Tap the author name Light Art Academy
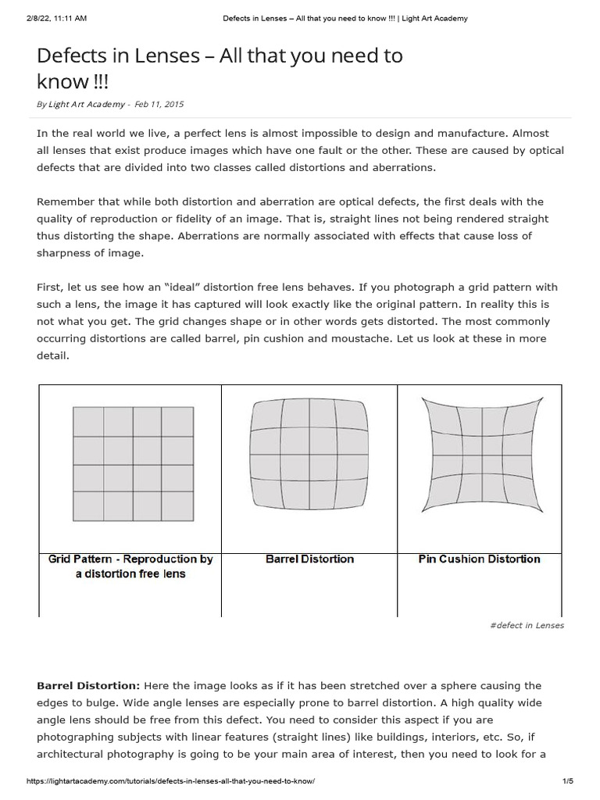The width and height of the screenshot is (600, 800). pos(86,104)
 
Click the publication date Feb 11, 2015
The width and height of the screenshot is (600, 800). pos(159,104)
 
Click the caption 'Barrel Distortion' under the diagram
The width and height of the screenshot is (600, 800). pos(309,559)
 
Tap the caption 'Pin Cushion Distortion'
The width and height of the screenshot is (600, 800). pos(479,559)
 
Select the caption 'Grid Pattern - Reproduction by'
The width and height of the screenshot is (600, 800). pos(130,559)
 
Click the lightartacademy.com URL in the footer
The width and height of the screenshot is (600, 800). pos(170,781)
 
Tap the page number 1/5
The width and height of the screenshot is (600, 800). pos(567,781)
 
